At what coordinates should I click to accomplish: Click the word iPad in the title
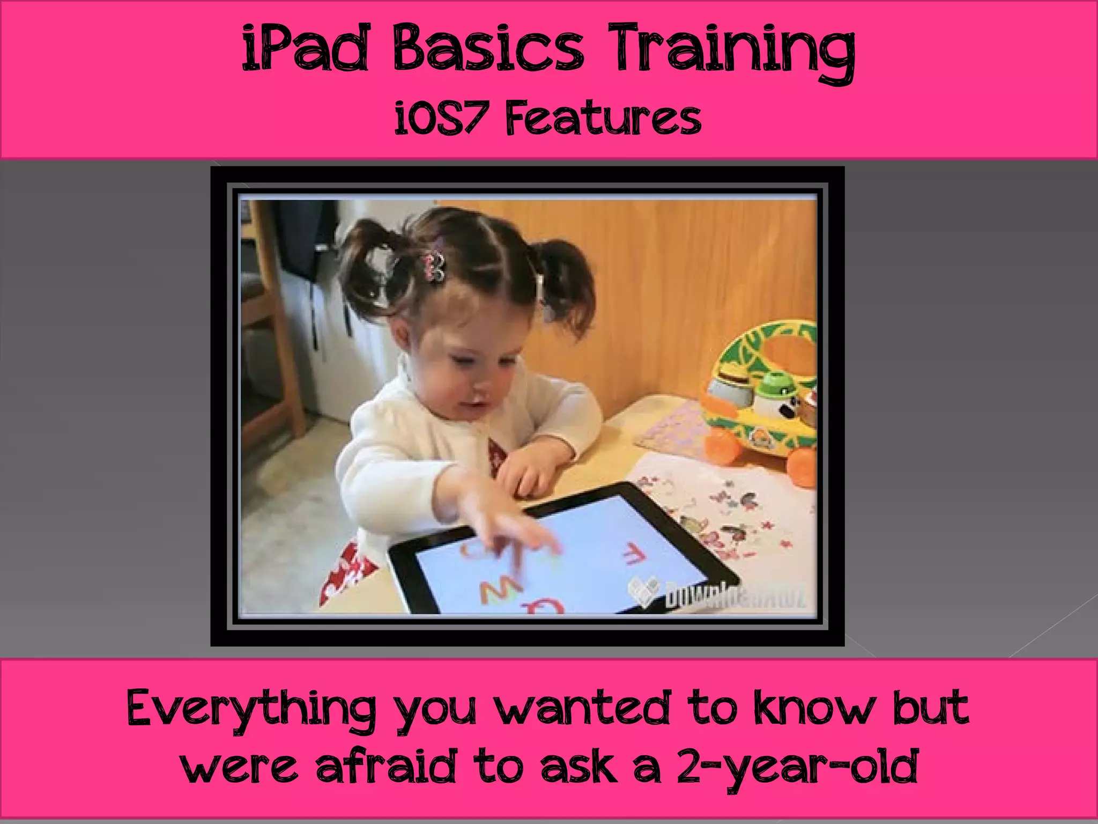[x=306, y=49]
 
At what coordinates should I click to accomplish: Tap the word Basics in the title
[x=488, y=49]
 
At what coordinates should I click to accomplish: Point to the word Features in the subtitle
[x=604, y=119]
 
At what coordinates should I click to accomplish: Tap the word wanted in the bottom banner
[x=582, y=708]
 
